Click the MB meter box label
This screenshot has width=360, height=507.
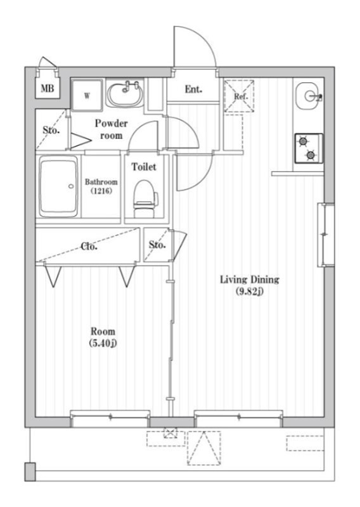pos(47,89)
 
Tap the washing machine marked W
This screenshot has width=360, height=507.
pos(86,96)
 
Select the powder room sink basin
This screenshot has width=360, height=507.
pos(125,94)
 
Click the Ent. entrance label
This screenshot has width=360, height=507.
pos(193,90)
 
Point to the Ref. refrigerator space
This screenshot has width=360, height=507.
pos(240,96)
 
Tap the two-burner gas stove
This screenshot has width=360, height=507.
pos(308,148)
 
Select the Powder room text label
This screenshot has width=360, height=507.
pos(112,129)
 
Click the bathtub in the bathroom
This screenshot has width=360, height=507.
pos(59,188)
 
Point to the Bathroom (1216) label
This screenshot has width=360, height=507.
pos(101,186)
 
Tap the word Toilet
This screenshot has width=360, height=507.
pos(144,167)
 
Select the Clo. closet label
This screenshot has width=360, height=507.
pos(89,247)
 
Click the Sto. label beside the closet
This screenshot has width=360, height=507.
pos(157,245)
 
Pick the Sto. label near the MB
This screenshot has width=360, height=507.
pos(51,131)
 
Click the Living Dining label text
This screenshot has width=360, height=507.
pos(250,279)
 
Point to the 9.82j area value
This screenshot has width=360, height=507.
pos(250,292)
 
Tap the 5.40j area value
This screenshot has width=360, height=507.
pos(103,343)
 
